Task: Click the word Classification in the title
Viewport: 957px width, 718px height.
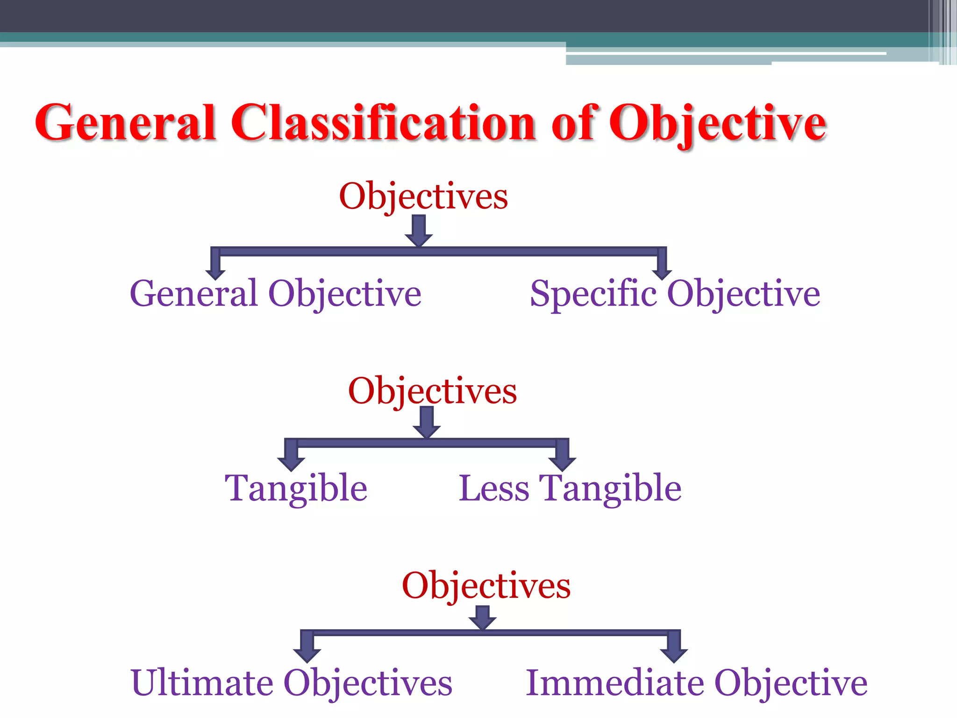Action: click(x=383, y=122)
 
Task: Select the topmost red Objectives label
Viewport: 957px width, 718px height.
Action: click(x=423, y=196)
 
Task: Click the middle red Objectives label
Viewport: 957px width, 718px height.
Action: click(x=432, y=391)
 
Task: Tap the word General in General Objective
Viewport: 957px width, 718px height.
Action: click(x=193, y=294)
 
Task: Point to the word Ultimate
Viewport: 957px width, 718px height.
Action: click(x=202, y=683)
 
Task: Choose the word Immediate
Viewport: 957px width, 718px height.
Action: click(x=615, y=683)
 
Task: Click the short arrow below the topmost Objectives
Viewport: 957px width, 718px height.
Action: click(x=419, y=231)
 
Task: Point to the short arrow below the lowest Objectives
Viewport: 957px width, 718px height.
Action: click(x=482, y=618)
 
